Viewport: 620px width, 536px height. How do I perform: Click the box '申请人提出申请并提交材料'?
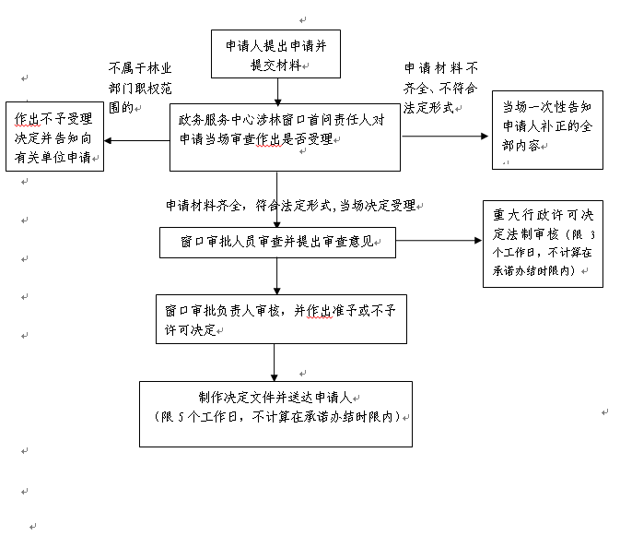click(276, 54)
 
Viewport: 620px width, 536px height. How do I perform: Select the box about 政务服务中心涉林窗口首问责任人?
click(285, 137)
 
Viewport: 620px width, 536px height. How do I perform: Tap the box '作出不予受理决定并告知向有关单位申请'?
click(53, 136)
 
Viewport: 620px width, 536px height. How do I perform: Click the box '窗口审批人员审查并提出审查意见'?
click(277, 243)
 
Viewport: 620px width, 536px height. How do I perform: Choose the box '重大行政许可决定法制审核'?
click(543, 243)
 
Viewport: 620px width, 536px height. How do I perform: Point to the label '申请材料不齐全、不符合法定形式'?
click(442, 88)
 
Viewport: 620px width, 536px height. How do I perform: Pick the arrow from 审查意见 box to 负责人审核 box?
click(276, 277)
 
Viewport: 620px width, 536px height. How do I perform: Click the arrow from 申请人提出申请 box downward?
click(276, 90)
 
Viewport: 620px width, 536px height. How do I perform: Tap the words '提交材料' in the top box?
click(275, 65)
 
